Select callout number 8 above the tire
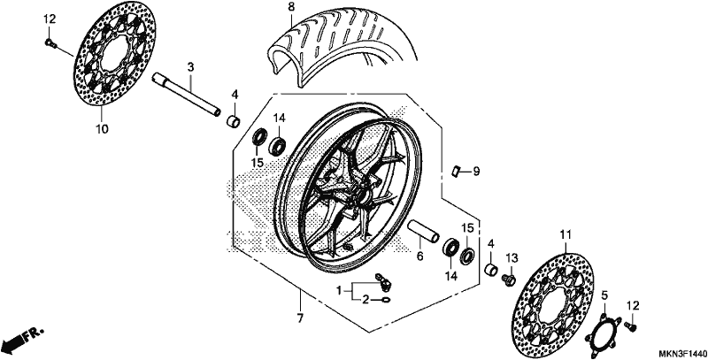291,7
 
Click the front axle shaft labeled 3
187,96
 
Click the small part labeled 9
456,171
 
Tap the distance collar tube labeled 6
424,231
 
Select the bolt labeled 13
509,280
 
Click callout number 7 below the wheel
300,318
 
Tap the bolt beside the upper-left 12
50,42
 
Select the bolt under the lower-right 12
630,325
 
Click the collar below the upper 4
234,121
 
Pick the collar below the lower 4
491,270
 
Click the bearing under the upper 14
277,145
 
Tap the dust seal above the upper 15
259,137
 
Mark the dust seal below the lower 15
467,256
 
